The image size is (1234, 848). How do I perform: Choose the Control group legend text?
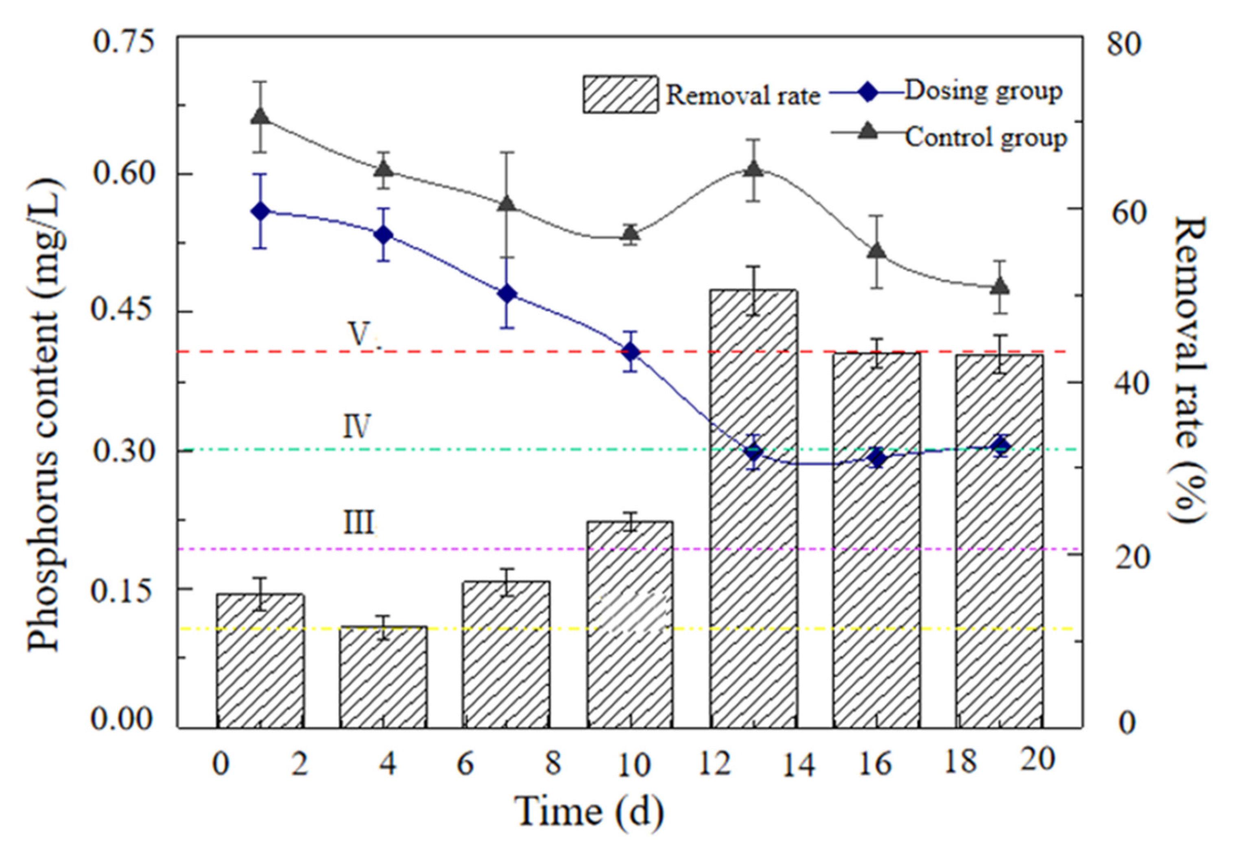click(986, 138)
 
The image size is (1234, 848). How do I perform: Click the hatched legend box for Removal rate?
click(620, 94)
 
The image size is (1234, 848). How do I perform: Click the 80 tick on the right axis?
click(1123, 45)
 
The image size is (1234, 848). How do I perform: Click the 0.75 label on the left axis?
click(124, 42)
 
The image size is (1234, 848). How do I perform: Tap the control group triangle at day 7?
click(507, 205)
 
